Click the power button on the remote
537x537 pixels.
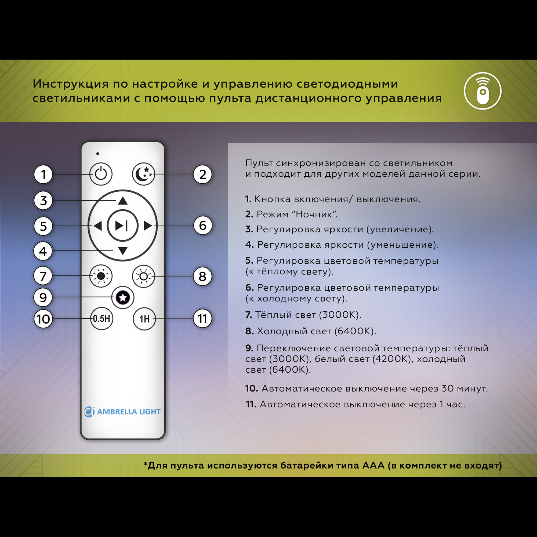tap(101, 174)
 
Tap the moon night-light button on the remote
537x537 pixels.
tap(143, 174)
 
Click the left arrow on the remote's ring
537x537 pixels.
tap(97, 226)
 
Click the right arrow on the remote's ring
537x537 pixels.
tap(148, 226)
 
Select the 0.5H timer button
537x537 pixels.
tap(101, 318)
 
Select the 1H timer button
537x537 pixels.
tap(144, 318)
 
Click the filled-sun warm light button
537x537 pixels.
tap(101, 276)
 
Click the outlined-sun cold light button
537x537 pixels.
tap(143, 276)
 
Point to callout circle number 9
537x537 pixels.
tap(43, 297)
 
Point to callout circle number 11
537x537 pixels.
tap(202, 318)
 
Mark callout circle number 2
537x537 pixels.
tap(203, 174)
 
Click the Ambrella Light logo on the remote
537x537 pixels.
tap(122, 412)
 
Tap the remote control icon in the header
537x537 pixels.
tap(482, 91)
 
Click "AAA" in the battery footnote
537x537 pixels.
tap(373, 465)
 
